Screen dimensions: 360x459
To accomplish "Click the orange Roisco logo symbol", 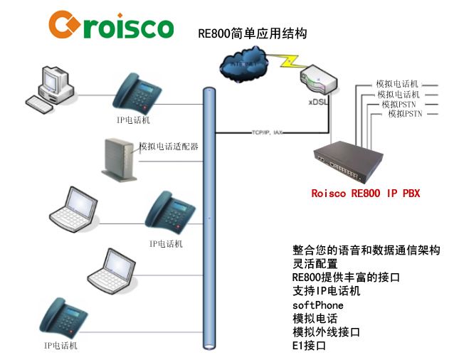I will [65, 26].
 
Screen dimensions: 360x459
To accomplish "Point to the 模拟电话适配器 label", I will [168, 147].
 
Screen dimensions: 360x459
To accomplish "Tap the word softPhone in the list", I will [317, 305].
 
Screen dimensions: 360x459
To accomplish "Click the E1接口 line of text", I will [309, 346].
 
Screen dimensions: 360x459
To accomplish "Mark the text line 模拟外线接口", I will [326, 332].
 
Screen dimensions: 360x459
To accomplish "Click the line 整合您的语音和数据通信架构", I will [366, 250].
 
